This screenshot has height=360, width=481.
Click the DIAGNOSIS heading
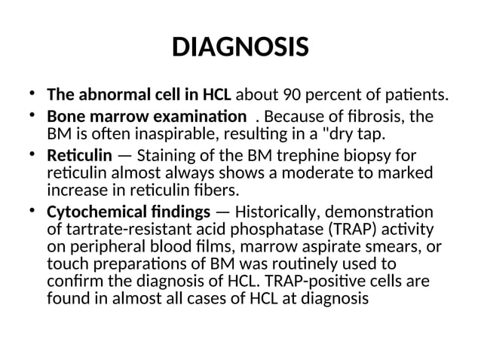[x=240, y=47]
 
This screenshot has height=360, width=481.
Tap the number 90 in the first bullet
[x=293, y=96]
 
